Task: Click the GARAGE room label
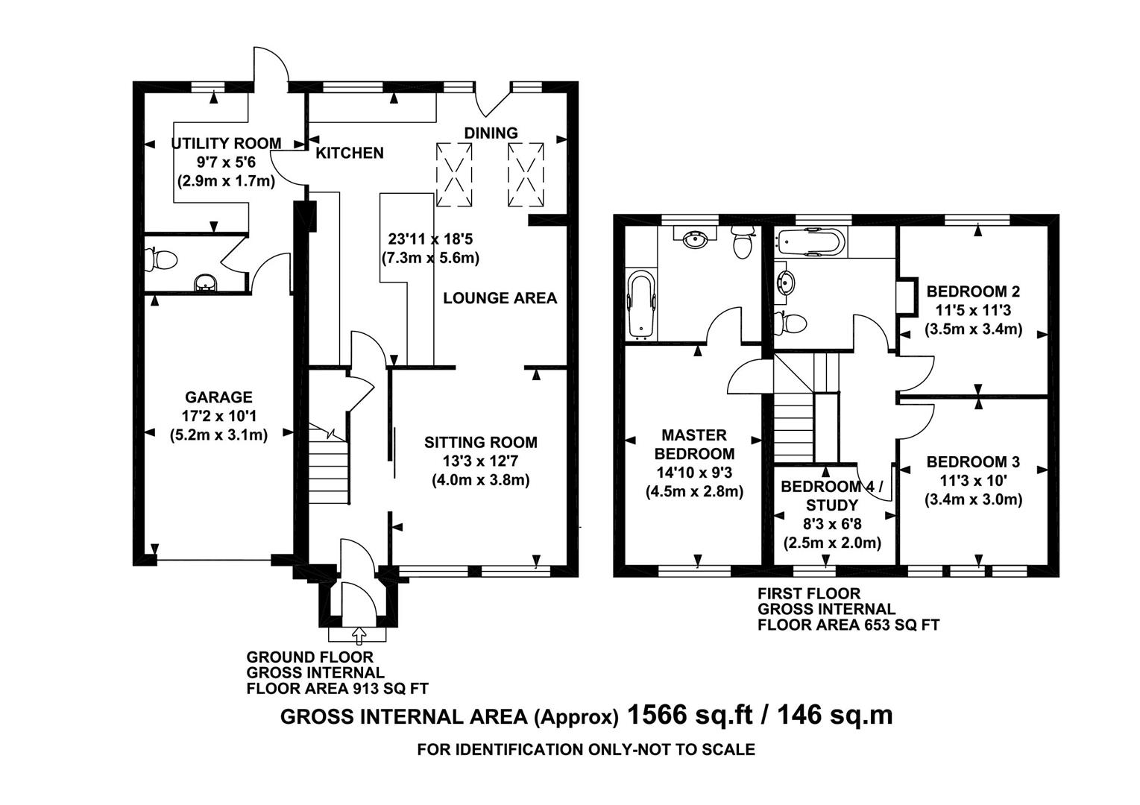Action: (218, 397)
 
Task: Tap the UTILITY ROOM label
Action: (226, 144)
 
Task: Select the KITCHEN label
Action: (350, 153)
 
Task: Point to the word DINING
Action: (491, 133)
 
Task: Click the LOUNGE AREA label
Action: (500, 298)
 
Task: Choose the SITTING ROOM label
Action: (480, 442)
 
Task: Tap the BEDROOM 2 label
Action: (973, 291)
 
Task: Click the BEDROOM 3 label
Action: (973, 461)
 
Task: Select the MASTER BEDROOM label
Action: (694, 444)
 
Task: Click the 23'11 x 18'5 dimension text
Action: (430, 239)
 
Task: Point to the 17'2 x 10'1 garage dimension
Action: (218, 416)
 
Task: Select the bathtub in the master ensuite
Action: (640, 305)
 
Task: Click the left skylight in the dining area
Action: (454, 174)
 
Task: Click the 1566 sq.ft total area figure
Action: (690, 714)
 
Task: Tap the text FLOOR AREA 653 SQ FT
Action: (848, 625)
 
